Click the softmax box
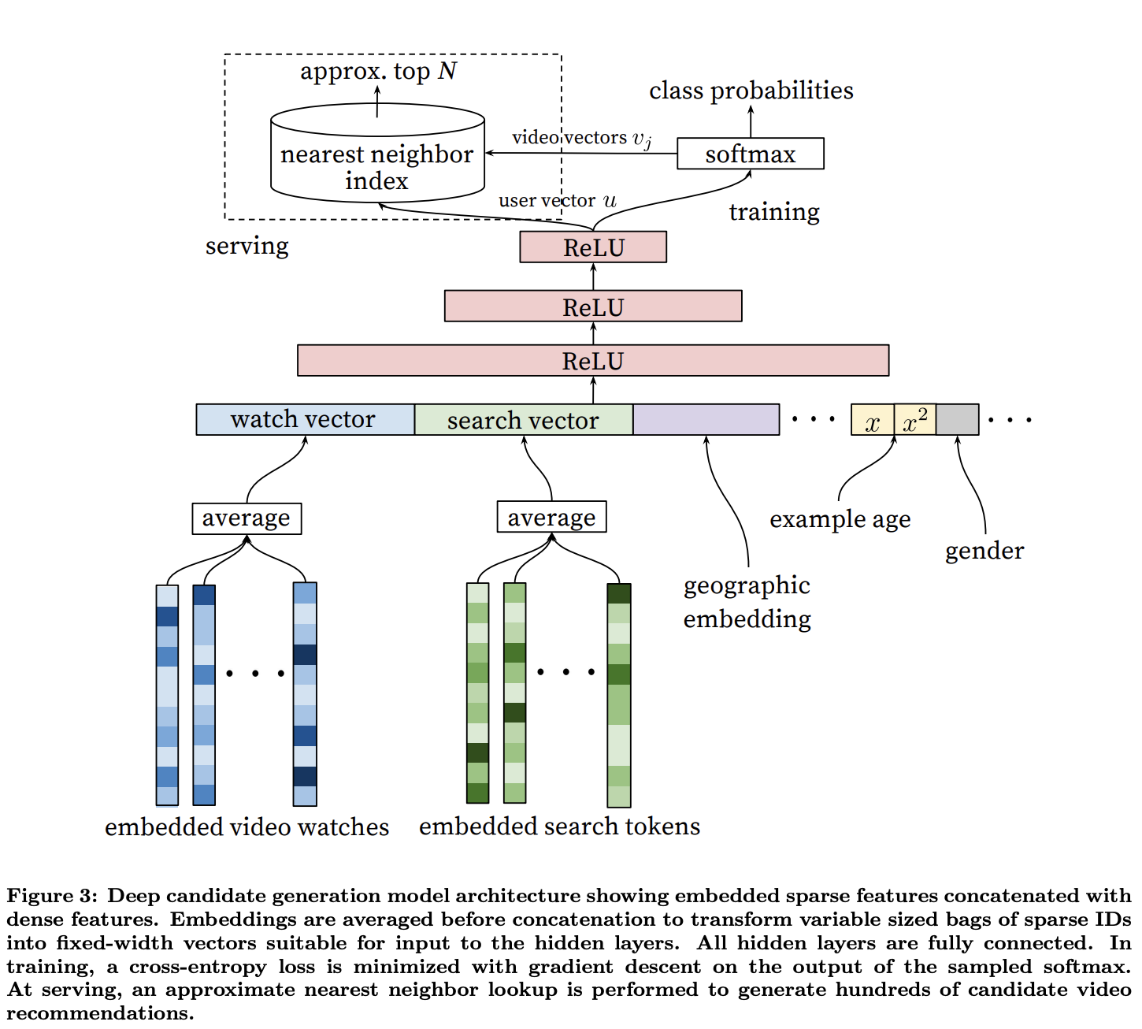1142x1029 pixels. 750,154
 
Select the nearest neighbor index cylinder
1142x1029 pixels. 377,153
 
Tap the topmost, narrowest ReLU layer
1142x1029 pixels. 592,247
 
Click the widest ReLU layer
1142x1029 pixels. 592,360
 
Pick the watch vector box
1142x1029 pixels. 305,419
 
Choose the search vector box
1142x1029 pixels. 524,419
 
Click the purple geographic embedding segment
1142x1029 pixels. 706,419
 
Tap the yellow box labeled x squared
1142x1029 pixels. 915,419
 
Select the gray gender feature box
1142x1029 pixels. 958,419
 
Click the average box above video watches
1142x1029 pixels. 247,518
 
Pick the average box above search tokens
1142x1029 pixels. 551,517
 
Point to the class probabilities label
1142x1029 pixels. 751,91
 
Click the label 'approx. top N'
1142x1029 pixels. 378,72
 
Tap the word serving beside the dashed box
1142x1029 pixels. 247,246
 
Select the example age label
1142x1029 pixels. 840,520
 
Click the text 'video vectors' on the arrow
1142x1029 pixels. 569,137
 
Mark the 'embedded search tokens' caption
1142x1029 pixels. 560,827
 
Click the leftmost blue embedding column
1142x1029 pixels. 167,695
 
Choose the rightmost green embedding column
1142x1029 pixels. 619,695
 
